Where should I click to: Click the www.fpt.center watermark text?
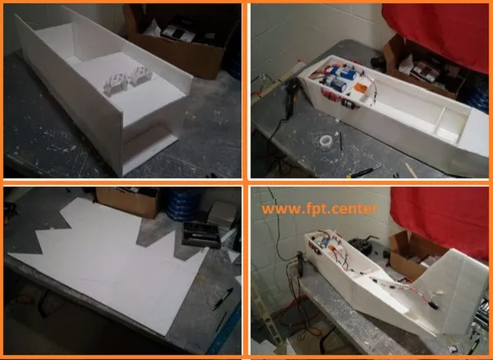click(x=319, y=209)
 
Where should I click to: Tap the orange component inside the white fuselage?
click(x=361, y=87)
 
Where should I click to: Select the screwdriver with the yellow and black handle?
click(x=364, y=173)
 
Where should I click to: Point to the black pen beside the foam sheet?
click(x=223, y=299)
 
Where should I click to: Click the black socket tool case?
click(x=200, y=234)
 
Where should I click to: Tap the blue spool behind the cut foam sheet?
click(x=183, y=204)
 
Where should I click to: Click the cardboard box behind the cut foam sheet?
click(x=127, y=201)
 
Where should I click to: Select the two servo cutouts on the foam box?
click(x=127, y=80)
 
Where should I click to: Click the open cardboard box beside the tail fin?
click(x=416, y=256)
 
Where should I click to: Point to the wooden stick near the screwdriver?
click(x=412, y=170)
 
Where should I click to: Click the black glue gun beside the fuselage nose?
click(x=292, y=94)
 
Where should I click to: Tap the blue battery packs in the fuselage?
click(x=339, y=78)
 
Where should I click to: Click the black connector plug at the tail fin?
click(x=433, y=305)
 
